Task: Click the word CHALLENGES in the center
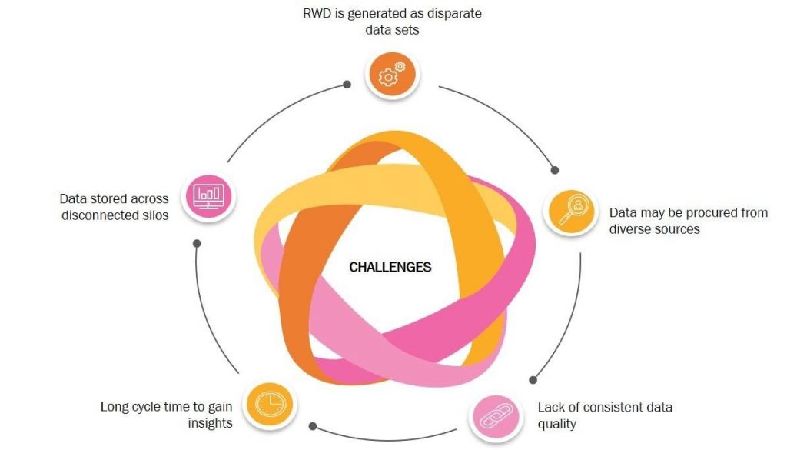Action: click(x=390, y=267)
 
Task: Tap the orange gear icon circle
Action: click(x=392, y=75)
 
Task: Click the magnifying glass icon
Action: click(x=571, y=212)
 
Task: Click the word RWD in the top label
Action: click(x=317, y=13)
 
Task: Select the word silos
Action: click(x=154, y=215)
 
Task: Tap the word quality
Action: click(x=556, y=425)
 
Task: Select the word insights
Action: click(x=211, y=423)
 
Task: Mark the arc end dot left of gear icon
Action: click(x=347, y=85)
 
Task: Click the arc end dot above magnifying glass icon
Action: click(x=555, y=170)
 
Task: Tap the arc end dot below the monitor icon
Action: click(x=197, y=243)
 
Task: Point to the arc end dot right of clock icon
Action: click(x=313, y=426)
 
